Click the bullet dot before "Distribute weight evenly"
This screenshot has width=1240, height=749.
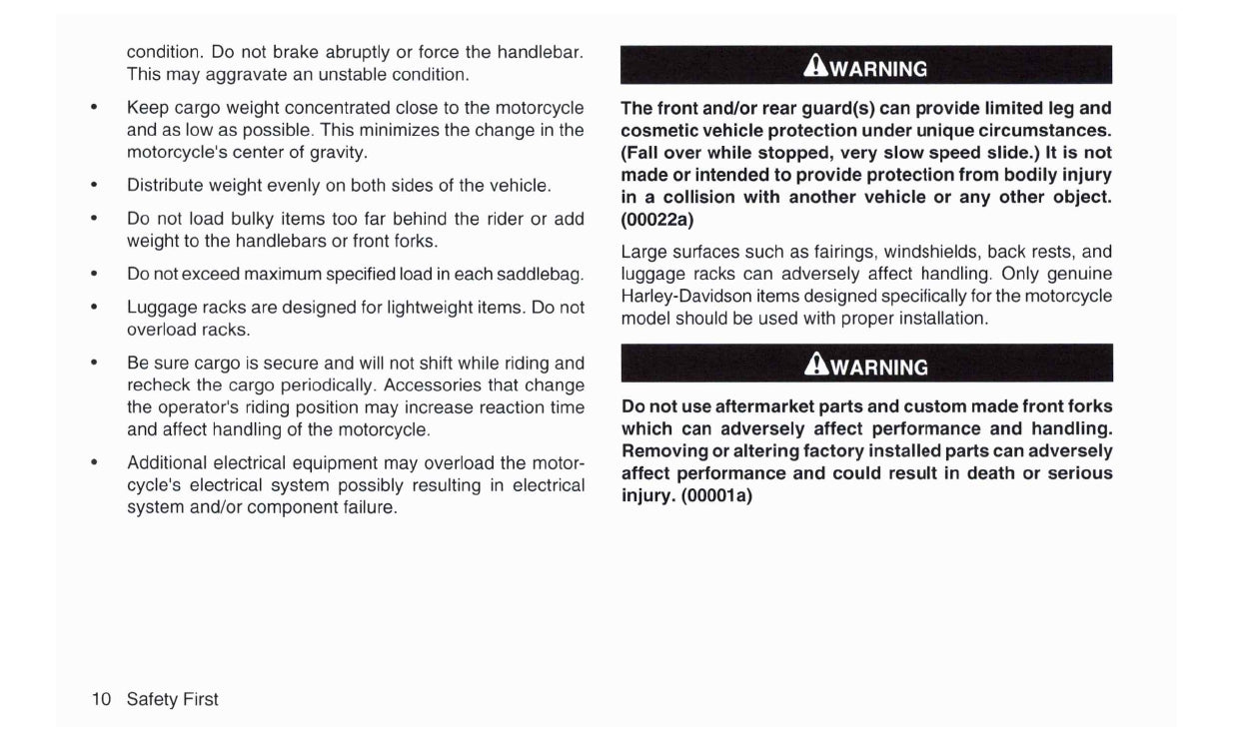pos(93,186)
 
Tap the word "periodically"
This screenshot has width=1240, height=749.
pos(330,385)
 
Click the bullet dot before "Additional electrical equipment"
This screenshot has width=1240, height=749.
pos(93,463)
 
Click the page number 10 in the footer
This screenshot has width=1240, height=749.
pos(101,699)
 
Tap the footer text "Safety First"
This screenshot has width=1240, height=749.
pos(172,699)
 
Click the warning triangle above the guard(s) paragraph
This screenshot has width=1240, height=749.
pos(816,68)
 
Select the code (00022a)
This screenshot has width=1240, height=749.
pos(657,219)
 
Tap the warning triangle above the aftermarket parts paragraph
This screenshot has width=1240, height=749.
pos(816,367)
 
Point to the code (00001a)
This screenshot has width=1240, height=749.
pos(717,494)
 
